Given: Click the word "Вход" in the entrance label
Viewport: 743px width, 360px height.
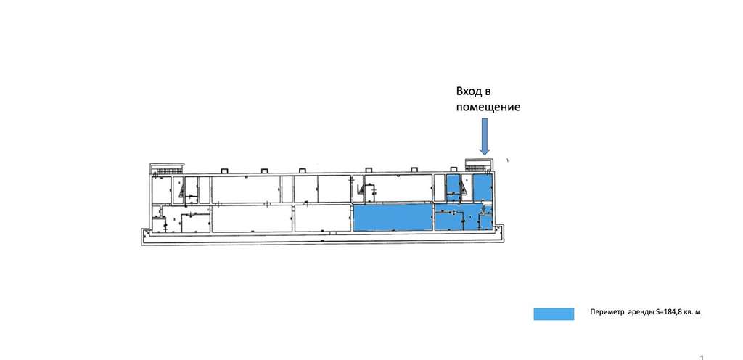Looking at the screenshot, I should pyautogui.click(x=468, y=91).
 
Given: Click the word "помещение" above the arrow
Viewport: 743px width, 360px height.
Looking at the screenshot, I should pyautogui.click(x=488, y=107).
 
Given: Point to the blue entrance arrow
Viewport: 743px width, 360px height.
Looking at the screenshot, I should pyautogui.click(x=484, y=136).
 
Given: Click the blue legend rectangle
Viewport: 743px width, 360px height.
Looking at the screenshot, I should pyautogui.click(x=554, y=314).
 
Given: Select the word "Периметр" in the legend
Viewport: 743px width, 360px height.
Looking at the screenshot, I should pyautogui.click(x=607, y=313).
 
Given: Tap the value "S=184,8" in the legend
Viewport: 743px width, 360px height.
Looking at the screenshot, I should pyautogui.click(x=668, y=313).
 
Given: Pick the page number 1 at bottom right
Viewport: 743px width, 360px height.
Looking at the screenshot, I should pyautogui.click(x=702, y=357).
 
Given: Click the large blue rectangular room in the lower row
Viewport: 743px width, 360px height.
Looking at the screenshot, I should pyautogui.click(x=392, y=217).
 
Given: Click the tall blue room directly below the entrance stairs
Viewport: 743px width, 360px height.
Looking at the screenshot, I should pyautogui.click(x=482, y=188).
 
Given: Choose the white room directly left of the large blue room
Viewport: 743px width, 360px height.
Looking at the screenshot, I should pyautogui.click(x=322, y=217).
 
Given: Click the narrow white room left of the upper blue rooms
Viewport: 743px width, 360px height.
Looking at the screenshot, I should pyautogui.click(x=439, y=188).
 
